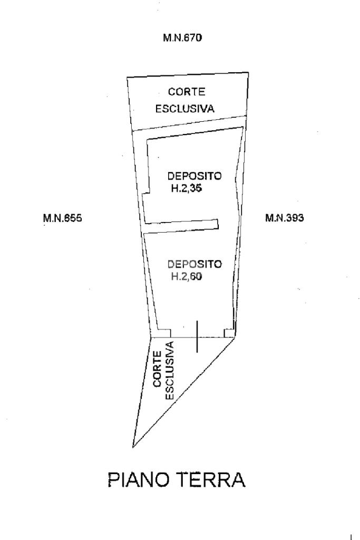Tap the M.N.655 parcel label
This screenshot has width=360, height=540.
coord(63,217)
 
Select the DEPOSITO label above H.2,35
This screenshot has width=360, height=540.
coord(194,176)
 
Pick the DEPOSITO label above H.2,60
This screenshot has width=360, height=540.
coord(194,264)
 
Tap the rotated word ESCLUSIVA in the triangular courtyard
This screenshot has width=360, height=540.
coord(170,370)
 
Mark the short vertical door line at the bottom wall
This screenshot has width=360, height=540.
coord(197,336)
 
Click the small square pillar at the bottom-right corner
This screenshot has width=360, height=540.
coord(229,333)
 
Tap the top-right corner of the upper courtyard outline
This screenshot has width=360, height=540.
coord(248,73)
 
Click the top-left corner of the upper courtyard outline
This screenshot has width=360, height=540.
coord(127,78)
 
